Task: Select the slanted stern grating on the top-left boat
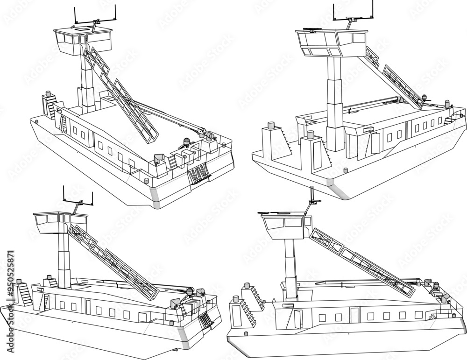click(198, 176)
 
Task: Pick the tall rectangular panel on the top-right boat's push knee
click(318, 155)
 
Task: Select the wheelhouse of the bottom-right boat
click(284, 224)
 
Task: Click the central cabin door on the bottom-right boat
click(355, 316)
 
